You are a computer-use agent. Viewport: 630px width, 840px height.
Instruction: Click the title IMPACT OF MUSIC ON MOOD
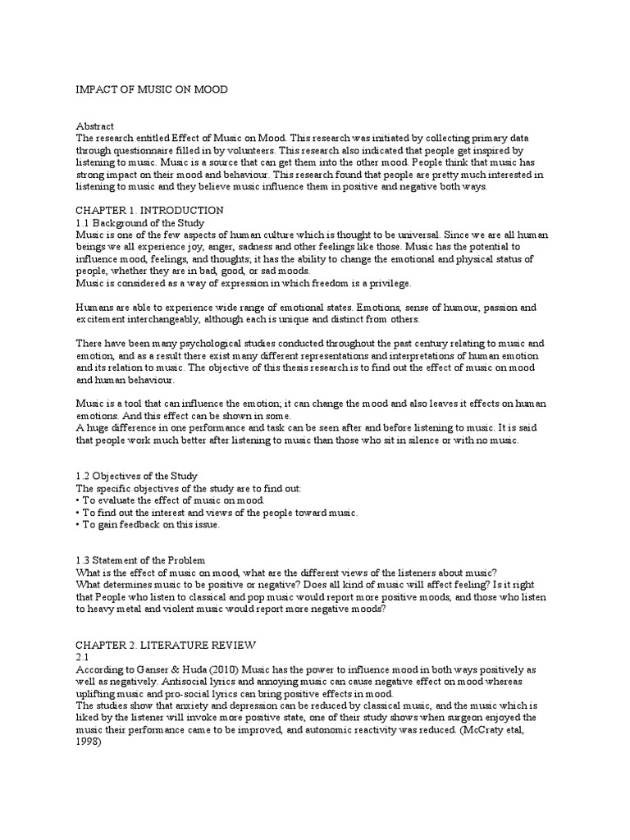click(x=152, y=89)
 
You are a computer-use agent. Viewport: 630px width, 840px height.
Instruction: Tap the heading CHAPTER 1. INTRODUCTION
click(x=149, y=211)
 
